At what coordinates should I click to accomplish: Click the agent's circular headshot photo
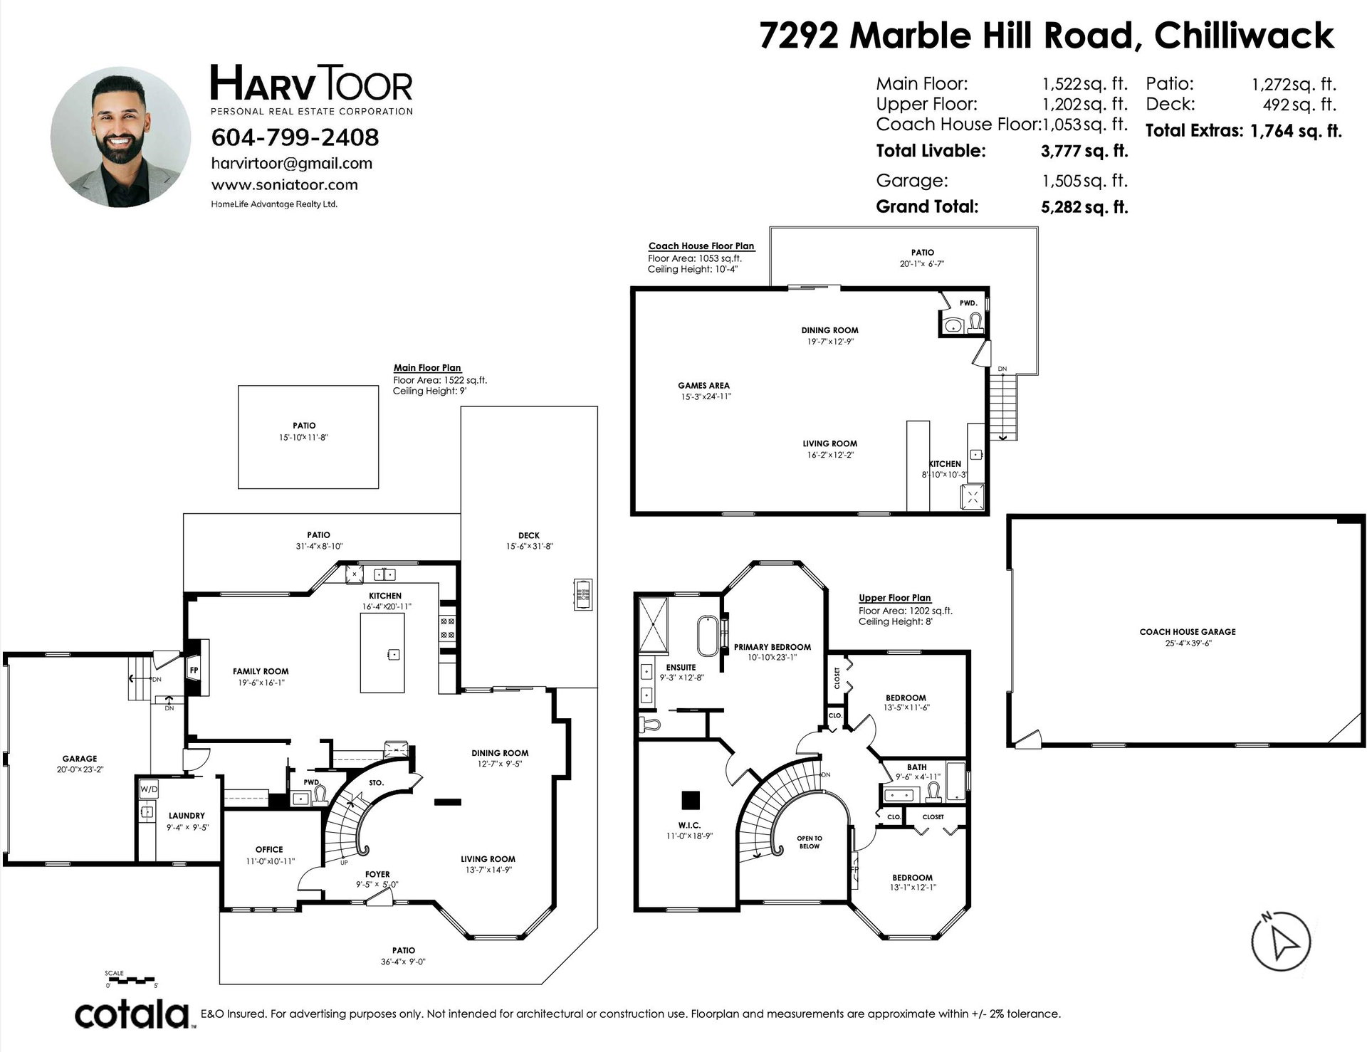click(x=120, y=137)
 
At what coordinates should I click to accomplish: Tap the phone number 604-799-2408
click(x=295, y=137)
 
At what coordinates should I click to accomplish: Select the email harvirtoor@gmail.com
click(x=292, y=163)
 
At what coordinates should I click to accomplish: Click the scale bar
click(x=132, y=980)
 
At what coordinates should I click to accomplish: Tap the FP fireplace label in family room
click(x=193, y=670)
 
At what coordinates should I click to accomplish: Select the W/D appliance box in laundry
click(x=148, y=789)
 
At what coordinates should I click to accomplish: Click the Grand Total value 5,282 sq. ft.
click(x=1084, y=207)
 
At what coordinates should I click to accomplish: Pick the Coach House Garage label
click(x=1188, y=631)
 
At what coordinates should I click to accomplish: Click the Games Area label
click(x=703, y=386)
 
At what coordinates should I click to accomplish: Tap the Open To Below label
click(x=810, y=842)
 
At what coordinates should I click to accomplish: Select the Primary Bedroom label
click(x=772, y=647)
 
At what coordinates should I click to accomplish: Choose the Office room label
click(x=269, y=849)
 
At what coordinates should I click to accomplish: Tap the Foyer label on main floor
click(x=377, y=874)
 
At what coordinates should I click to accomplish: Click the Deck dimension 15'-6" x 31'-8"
click(x=528, y=547)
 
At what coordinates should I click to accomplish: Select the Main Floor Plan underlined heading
click(x=427, y=368)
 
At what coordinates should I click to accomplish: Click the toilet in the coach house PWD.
click(x=974, y=324)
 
